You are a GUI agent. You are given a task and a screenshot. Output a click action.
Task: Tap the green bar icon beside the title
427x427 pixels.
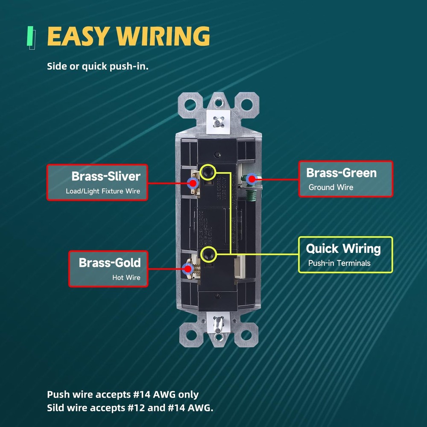tap(30, 37)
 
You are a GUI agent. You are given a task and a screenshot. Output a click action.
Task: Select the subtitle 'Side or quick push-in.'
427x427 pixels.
tap(98, 67)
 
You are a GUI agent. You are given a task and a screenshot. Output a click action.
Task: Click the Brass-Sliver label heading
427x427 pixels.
tap(106, 176)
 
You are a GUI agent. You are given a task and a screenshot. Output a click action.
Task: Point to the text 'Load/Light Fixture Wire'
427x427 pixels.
tap(103, 191)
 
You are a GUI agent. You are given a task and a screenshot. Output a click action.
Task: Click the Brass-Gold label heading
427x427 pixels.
tap(109, 262)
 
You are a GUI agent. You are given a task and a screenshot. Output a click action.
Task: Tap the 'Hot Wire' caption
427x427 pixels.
tap(126, 278)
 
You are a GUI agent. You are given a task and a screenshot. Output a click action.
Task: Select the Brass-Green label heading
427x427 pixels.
tap(341, 173)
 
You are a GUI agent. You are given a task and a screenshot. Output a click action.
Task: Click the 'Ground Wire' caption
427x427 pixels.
tap(330, 187)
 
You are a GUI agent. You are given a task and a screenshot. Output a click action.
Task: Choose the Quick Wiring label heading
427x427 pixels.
tap(343, 249)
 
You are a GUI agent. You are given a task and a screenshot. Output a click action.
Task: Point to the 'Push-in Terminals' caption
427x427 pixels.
tap(339, 263)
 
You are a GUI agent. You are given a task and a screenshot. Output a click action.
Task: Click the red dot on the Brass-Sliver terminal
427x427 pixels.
tap(193, 183)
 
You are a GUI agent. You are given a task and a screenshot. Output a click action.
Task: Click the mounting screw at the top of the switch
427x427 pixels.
tap(218, 121)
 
